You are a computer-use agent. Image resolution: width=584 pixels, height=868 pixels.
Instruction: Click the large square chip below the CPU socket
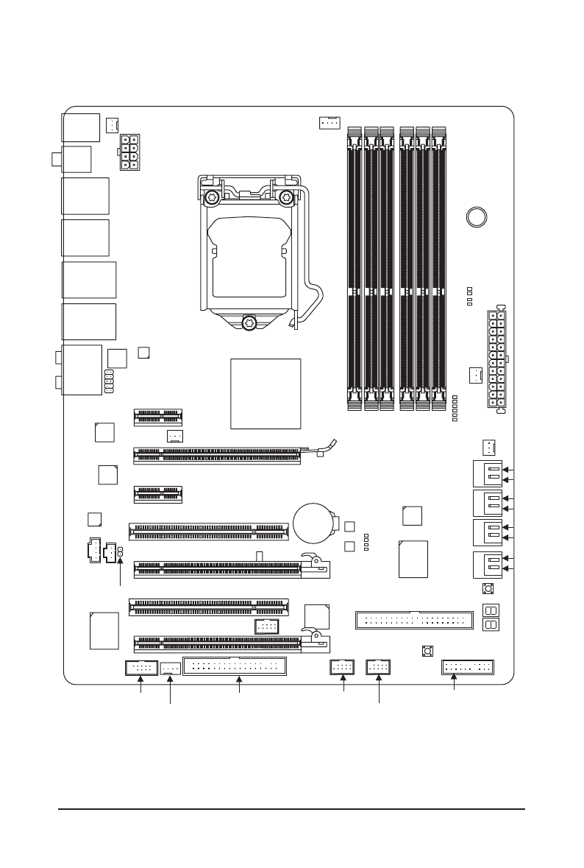point(266,394)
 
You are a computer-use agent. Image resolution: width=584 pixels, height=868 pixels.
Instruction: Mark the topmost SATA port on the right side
point(486,473)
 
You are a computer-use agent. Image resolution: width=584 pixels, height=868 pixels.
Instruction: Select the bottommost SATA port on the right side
point(486,564)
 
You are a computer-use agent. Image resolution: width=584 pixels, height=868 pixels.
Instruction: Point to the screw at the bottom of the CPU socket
point(249,322)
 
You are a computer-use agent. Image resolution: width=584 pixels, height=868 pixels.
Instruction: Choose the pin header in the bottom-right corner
point(468,668)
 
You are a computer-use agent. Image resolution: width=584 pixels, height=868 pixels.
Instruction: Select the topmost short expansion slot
point(158,417)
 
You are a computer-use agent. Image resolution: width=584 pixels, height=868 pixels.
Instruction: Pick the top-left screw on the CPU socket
point(212,197)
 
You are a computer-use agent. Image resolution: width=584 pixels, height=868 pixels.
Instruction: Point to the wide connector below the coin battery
point(413,619)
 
